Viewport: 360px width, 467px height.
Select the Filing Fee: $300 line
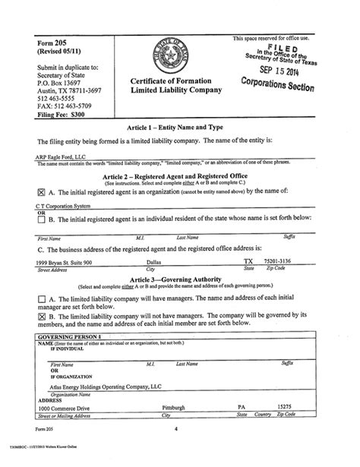[x=55, y=112]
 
